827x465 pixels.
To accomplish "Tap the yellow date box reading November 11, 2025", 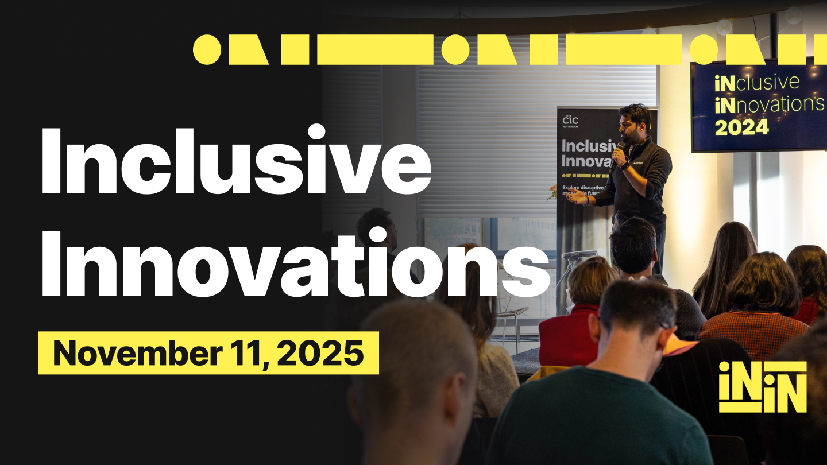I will [208, 353].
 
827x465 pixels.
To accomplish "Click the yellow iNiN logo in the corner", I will [763, 386].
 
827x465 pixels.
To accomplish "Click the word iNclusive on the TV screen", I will [756, 84].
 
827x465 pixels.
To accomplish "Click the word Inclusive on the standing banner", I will [586, 145].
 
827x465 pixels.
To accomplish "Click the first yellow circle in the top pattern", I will [207, 49].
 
